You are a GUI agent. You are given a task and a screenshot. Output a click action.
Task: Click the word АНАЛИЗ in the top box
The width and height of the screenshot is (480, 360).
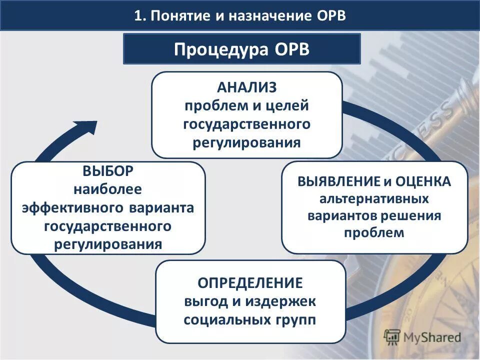246,87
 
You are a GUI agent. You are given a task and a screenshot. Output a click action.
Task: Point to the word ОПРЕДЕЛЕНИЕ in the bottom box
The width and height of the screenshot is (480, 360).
250,283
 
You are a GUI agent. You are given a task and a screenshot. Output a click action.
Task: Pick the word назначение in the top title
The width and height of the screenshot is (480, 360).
271,15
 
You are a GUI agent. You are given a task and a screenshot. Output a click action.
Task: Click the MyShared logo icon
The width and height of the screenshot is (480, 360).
393,336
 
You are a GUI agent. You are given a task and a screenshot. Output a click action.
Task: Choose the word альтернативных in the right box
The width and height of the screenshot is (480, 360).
374,198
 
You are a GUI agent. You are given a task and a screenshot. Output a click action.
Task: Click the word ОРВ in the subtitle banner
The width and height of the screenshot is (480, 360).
291,50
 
